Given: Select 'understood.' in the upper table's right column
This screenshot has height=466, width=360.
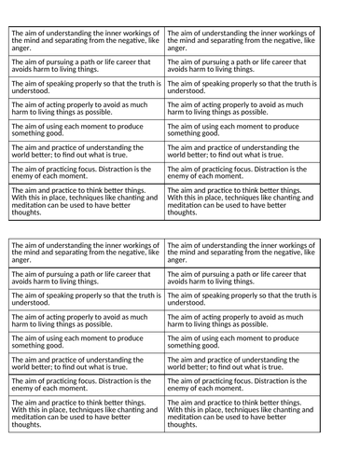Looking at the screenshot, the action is tap(187, 91).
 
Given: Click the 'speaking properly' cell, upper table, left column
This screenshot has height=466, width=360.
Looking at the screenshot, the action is tap(86, 87).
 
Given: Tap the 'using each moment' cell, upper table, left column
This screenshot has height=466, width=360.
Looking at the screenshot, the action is tap(86, 130).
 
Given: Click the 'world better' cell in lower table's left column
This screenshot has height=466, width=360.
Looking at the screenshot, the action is tap(86, 363).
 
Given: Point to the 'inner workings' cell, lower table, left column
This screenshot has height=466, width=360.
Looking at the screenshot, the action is tap(86, 252).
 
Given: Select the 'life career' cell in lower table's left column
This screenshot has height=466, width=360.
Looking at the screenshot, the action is tap(86, 278).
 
